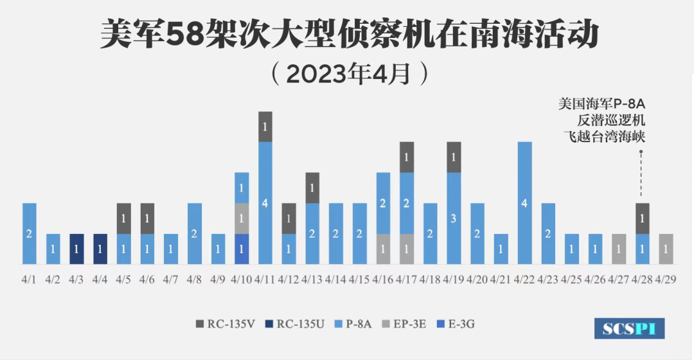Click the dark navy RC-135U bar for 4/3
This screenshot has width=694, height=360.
pyautogui.click(x=76, y=249)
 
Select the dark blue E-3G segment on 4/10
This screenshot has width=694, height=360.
pyautogui.click(x=242, y=249)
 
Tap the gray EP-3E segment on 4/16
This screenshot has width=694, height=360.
pyautogui.click(x=384, y=249)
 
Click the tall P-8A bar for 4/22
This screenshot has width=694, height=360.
pyautogui.click(x=525, y=203)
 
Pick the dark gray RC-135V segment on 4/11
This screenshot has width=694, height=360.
pyautogui.click(x=265, y=127)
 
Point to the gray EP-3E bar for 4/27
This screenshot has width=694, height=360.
pyautogui.click(x=619, y=249)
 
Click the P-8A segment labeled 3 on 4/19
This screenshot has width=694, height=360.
pyautogui.click(x=454, y=218)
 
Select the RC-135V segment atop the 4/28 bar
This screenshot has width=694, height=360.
pyautogui.click(x=643, y=218)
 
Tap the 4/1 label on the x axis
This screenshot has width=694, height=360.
pyautogui.click(x=30, y=280)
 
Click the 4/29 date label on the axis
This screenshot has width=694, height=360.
pyautogui.click(x=666, y=280)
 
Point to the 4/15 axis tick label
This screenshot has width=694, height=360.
pyautogui.click(x=360, y=280)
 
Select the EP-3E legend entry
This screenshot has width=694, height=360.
pyautogui.click(x=404, y=324)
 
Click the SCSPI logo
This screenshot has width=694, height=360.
pyautogui.click(x=629, y=328)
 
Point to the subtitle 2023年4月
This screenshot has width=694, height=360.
pyautogui.click(x=348, y=73)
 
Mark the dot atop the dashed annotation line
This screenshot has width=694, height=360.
pyautogui.click(x=643, y=152)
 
